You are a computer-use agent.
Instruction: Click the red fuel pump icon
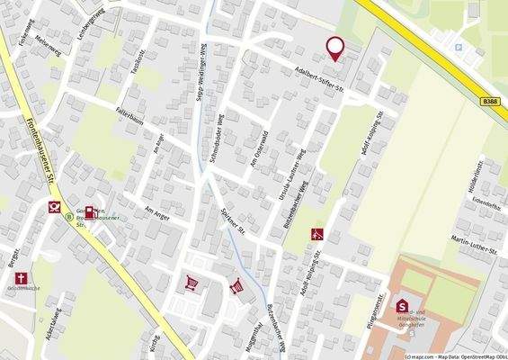pos(90,212)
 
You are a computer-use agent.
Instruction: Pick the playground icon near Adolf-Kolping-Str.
pos(316,236)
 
